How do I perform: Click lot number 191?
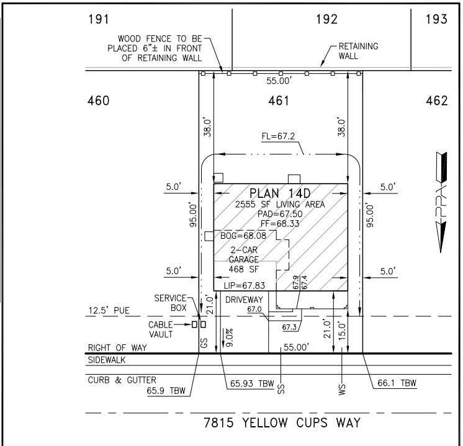(99, 19)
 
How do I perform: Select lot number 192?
(326, 19)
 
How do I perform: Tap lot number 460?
(98, 100)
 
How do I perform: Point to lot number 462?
(437, 100)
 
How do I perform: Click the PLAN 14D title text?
(280, 194)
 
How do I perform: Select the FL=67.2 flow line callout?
(278, 136)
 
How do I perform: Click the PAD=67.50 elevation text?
(280, 214)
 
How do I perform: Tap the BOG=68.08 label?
(243, 236)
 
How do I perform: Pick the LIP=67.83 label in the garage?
(245, 285)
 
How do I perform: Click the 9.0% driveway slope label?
(229, 337)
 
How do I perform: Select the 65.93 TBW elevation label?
(252, 383)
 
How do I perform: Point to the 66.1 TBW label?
(397, 383)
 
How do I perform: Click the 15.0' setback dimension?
(341, 331)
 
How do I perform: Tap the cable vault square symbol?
(194, 324)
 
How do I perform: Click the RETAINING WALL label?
(358, 51)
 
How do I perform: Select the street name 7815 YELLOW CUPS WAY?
(282, 422)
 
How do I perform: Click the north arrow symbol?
(441, 202)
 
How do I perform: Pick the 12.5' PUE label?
(109, 310)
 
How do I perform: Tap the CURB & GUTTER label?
(122, 380)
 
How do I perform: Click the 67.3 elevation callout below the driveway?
(289, 327)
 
